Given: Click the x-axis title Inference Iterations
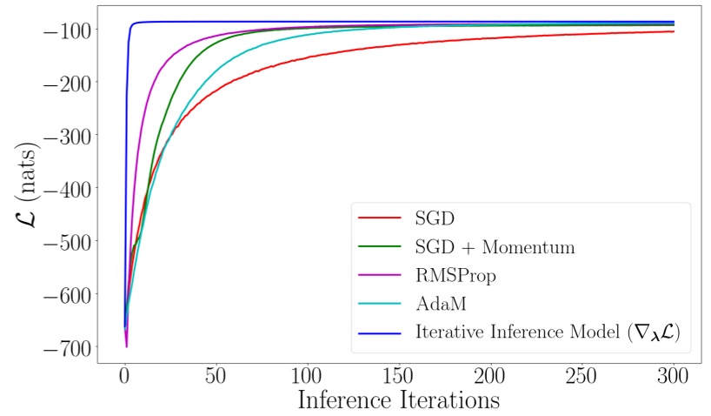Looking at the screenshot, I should click(399, 401).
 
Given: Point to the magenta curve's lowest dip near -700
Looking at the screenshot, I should click(127, 346).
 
